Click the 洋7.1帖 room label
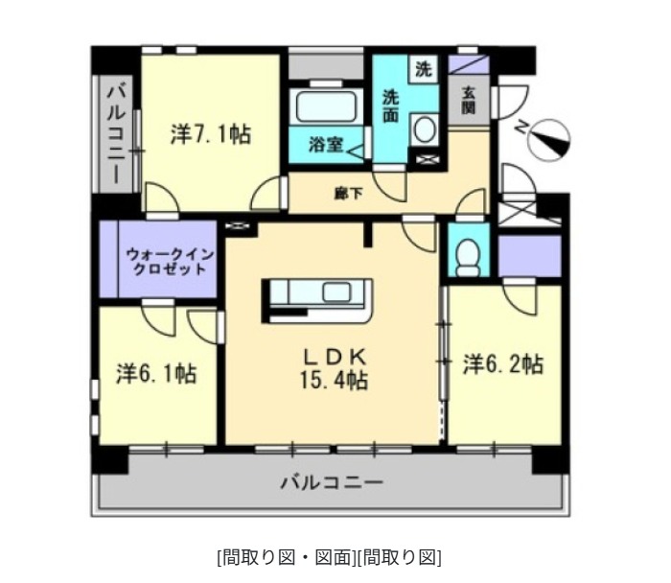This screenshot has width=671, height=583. coord(211,134)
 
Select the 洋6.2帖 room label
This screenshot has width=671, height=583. coord(504,364)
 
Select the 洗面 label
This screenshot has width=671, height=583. coord(392,105)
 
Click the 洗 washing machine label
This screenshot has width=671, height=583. coord(423,69)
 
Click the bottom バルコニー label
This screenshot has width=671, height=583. coord(331,481)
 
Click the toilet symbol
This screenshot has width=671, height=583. coord(469,254)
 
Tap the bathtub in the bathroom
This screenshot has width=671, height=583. coord(326,105)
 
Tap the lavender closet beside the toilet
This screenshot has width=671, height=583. coord(529,253)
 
